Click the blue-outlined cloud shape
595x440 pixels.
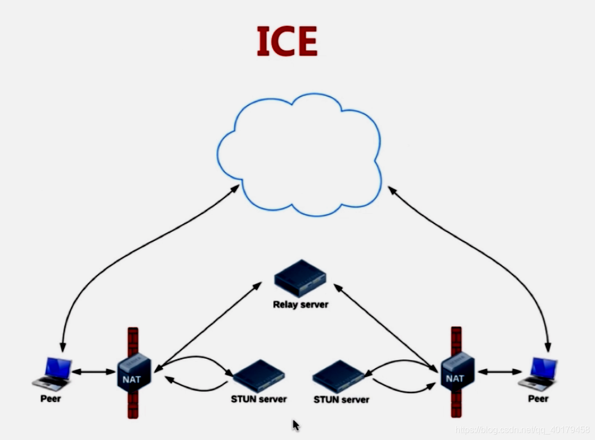[299, 155]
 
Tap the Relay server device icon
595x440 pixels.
[300, 278]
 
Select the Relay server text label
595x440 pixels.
[300, 304]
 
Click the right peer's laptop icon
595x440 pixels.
[538, 373]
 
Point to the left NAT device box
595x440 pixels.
[132, 372]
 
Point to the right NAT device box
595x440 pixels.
[455, 371]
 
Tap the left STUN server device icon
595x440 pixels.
[258, 376]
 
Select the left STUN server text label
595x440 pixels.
[259, 399]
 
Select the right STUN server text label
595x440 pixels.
[341, 399]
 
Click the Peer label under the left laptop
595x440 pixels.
[51, 398]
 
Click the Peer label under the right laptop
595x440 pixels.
[538, 399]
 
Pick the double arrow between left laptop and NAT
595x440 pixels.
[93, 372]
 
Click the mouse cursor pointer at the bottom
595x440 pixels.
[296, 425]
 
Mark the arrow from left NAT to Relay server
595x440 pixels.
[208, 326]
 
